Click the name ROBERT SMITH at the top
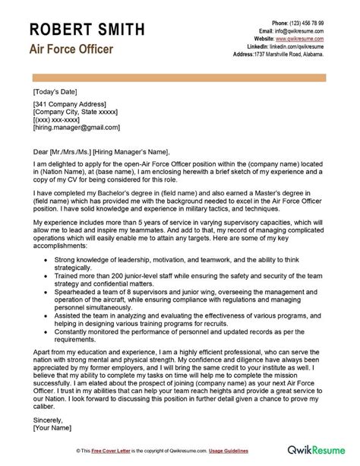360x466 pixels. point(88,29)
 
